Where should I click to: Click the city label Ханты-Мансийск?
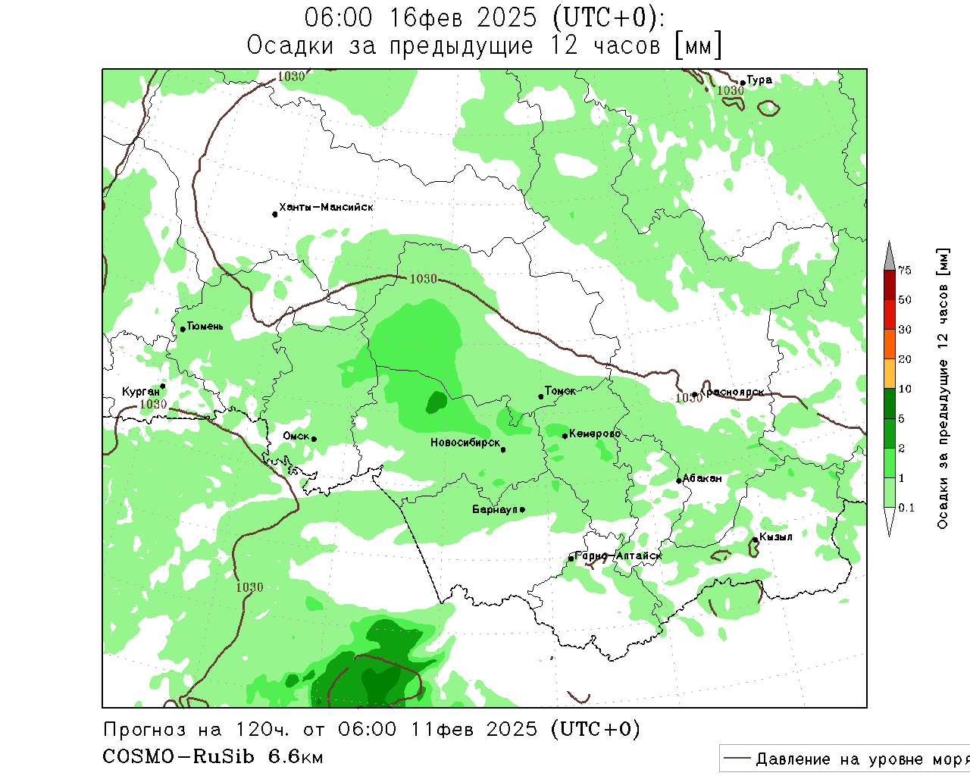coord(326,207)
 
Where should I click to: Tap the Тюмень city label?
coord(205,327)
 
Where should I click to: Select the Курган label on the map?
coord(141,392)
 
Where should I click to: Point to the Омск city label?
coord(296,436)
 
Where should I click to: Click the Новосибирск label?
coord(465,443)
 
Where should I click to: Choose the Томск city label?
coord(560,391)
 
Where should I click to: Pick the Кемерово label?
coord(595,433)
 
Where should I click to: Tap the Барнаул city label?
coord(494,509)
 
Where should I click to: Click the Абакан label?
coord(702,478)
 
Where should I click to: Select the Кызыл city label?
coord(775,537)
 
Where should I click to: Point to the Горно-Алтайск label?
coord(618,555)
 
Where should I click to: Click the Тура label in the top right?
coord(759,80)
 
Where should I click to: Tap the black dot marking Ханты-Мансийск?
coord(274,214)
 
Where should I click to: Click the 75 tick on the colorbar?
coord(905,271)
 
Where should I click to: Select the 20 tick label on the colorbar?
coord(905,359)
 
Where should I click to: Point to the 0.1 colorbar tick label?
coord(906,508)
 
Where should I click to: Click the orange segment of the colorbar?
coord(890,344)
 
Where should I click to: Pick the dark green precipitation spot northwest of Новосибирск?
coord(436,402)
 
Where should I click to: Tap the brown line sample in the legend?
coord(737,759)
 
